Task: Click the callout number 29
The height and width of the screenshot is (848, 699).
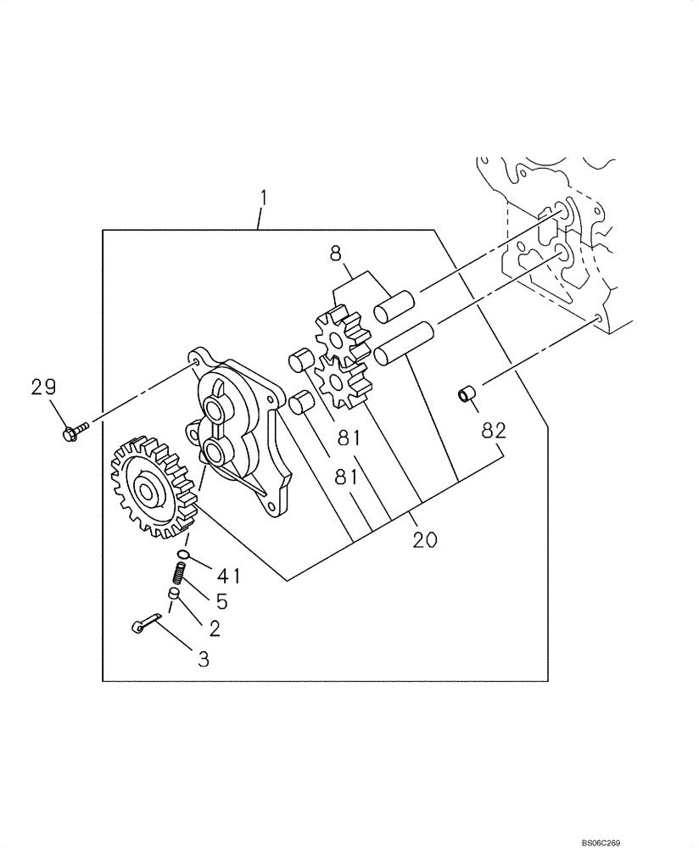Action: click(x=43, y=388)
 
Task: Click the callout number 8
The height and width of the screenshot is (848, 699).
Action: click(x=335, y=252)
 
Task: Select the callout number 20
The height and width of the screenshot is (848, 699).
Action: click(x=425, y=539)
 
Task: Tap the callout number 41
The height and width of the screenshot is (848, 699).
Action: click(x=228, y=576)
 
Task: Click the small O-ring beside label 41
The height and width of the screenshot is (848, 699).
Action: click(x=187, y=558)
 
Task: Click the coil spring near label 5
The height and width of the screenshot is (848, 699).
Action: click(x=180, y=577)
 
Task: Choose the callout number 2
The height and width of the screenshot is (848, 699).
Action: click(x=214, y=628)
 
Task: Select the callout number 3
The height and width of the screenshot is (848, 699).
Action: click(x=203, y=657)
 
